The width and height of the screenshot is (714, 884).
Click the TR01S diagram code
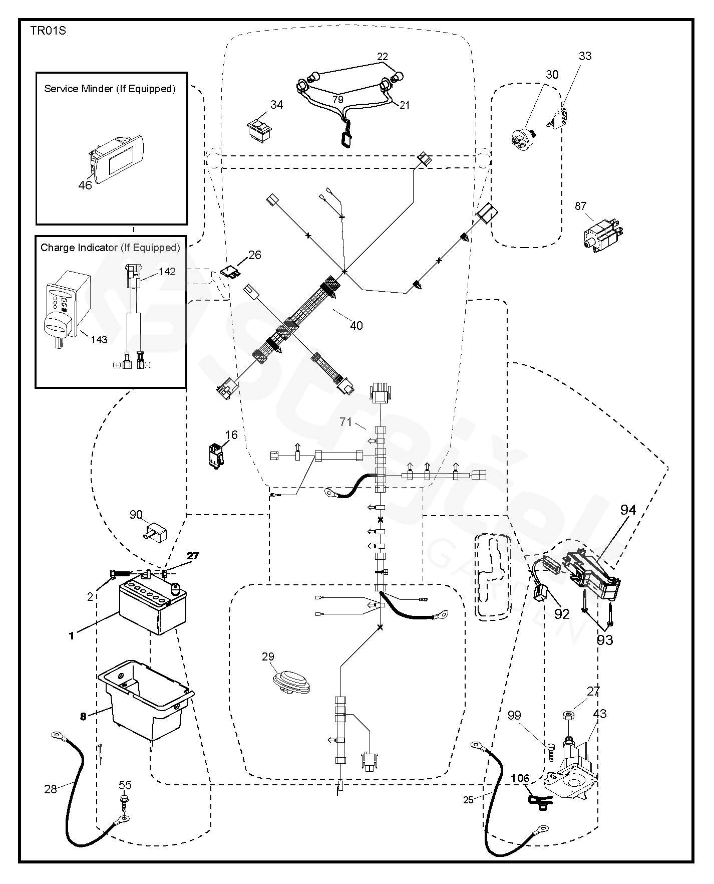(48, 31)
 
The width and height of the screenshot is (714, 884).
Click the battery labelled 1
(152, 606)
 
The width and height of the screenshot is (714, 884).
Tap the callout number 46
(85, 185)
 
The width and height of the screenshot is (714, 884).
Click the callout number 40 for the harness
(356, 326)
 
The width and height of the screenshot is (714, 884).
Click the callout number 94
(627, 510)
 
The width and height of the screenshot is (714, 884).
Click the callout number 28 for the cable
(51, 789)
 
